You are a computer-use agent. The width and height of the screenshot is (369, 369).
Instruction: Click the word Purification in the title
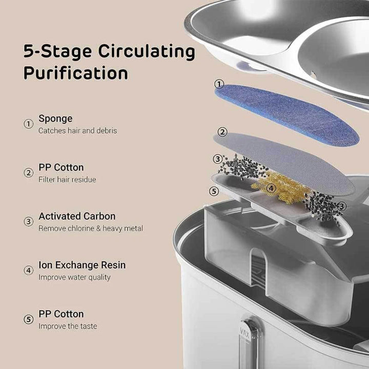[75, 73]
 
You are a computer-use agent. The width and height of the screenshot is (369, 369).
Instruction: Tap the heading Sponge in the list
[55, 118]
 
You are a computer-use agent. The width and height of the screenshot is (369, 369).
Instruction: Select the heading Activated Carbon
[77, 216]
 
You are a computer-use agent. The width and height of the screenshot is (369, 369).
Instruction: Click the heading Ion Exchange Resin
[82, 265]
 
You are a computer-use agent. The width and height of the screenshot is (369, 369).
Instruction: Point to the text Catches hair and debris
[77, 131]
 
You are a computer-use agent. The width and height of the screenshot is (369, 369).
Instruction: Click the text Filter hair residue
[67, 180]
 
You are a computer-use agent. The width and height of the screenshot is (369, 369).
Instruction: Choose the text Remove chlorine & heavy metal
[91, 229]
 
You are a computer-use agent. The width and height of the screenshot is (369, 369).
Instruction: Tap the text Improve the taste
[68, 326]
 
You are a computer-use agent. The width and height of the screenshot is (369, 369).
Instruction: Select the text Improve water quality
[74, 277]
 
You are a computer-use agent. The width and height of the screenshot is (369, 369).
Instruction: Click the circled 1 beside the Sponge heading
[29, 124]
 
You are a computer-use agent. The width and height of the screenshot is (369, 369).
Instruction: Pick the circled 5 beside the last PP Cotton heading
[29, 319]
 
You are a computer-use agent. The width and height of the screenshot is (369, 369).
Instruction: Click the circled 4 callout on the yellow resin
[271, 188]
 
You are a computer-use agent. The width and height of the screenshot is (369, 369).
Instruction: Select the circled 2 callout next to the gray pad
[222, 132]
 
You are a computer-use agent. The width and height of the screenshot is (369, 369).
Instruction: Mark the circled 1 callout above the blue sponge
[219, 84]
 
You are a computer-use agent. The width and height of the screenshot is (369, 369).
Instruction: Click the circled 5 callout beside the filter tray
[214, 191]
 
